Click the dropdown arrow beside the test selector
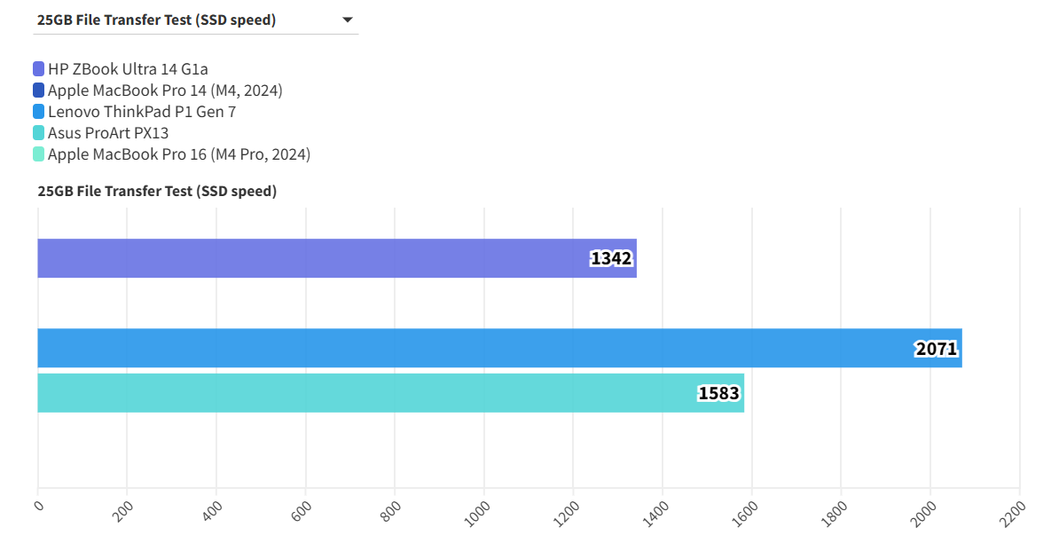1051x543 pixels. (348, 20)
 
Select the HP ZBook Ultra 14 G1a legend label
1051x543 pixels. (128, 68)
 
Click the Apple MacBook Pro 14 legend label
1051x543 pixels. (165, 90)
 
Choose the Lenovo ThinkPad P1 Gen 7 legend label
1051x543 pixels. (142, 112)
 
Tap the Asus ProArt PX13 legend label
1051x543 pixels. (108, 133)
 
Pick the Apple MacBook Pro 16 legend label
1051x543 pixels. (179, 154)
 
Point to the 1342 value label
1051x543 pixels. (611, 258)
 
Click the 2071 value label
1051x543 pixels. (937, 349)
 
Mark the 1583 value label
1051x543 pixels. (718, 393)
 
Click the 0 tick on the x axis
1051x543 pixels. (38, 506)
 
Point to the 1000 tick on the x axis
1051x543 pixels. (478, 512)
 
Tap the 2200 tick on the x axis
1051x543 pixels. (1013, 512)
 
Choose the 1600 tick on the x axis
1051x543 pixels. (745, 512)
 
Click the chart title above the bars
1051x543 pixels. (157, 191)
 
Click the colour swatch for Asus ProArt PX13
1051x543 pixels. (38, 133)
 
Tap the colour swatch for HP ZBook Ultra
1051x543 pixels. (38, 68)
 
